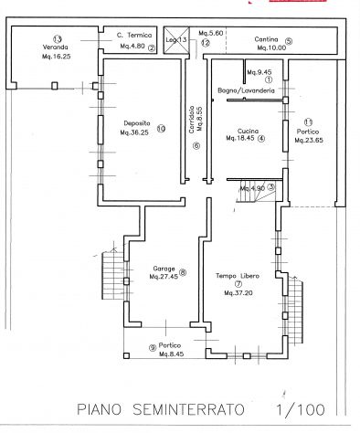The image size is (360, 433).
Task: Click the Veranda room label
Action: [55, 48]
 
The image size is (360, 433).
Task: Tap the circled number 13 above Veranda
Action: [58, 39]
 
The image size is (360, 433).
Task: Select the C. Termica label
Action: [134, 36]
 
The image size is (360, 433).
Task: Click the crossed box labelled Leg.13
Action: [176, 40]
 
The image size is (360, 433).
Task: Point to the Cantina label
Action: [266, 39]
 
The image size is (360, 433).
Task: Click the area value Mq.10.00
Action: [271, 48]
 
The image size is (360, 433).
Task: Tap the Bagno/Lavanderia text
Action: [246, 90]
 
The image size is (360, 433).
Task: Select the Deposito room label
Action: [137, 123]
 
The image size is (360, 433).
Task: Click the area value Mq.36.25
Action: [134, 132]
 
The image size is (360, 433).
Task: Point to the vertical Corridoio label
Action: [192, 119]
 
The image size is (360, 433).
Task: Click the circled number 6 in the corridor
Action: [196, 146]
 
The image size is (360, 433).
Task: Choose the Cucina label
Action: [248, 132]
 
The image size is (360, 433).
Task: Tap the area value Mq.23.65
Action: [309, 141]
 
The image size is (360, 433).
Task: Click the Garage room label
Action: [164, 269]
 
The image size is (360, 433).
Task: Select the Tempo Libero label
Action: [238, 276]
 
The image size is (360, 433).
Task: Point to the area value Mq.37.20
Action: [238, 293]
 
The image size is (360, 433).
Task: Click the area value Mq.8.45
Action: [171, 354]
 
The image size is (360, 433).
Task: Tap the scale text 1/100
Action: [301, 409]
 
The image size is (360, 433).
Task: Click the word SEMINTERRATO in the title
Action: [188, 409]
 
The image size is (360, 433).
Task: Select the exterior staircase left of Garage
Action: [113, 275]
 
